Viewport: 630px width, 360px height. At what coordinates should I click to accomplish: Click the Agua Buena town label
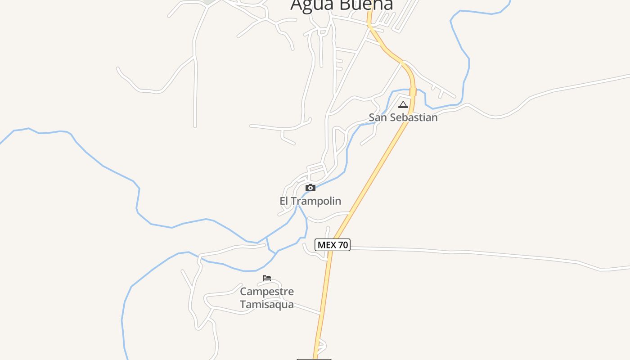342,4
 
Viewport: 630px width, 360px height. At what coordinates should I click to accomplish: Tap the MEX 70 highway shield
333,245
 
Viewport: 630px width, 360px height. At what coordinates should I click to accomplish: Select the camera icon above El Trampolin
310,188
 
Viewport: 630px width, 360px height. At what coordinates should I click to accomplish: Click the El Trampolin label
310,201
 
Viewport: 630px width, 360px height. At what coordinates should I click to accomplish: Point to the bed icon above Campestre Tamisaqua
267,278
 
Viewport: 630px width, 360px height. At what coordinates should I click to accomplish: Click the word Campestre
267,292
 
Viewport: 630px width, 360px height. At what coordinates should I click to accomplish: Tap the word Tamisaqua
267,305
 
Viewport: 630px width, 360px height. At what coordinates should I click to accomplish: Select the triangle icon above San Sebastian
403,105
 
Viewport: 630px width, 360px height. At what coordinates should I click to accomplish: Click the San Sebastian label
403,117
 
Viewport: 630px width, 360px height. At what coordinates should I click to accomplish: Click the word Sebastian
413,117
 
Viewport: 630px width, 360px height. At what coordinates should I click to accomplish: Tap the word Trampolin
316,201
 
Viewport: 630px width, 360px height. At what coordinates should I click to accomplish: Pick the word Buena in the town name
366,4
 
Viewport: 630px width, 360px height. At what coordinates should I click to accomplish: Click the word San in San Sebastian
377,117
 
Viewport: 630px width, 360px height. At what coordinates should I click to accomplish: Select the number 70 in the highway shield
342,245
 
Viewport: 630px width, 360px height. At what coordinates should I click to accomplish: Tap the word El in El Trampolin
284,201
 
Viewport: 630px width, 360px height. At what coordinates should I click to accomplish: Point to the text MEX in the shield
327,245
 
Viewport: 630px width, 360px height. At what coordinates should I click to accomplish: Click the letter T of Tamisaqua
243,305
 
